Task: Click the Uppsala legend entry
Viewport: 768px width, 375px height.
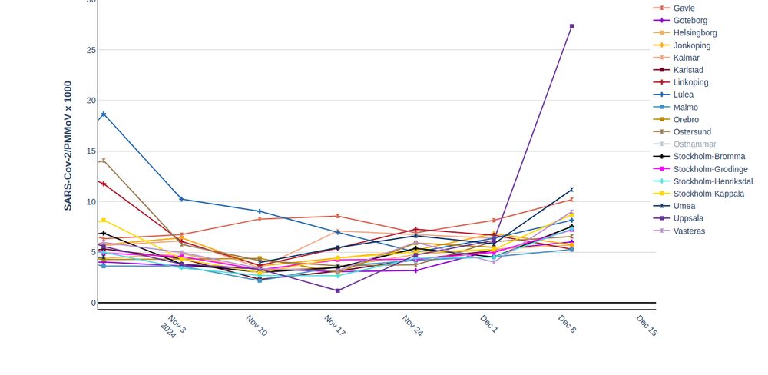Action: [688, 218]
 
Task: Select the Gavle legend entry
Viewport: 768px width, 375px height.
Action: [684, 8]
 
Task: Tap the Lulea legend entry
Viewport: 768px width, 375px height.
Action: [683, 95]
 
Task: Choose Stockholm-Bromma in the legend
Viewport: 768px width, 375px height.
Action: [708, 157]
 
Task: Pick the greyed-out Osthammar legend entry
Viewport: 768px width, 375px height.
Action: [694, 144]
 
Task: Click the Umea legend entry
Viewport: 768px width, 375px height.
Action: [684, 206]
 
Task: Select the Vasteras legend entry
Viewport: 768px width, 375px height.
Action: [689, 231]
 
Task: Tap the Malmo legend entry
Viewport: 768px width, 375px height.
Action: [685, 108]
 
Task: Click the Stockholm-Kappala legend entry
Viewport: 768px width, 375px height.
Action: [708, 194]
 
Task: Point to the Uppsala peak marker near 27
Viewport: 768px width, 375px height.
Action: [571, 26]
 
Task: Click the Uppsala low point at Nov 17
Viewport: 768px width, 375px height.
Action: [338, 290]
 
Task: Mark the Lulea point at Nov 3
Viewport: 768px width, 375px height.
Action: [181, 199]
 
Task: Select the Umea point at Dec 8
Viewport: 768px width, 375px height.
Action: [571, 190]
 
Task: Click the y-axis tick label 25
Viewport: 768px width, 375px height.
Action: [91, 50]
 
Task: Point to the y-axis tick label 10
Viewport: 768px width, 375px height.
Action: [91, 202]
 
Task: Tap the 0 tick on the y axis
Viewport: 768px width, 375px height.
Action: [94, 303]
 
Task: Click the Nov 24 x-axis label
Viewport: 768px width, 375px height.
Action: [412, 325]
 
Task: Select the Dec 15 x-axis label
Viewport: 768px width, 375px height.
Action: [647, 325]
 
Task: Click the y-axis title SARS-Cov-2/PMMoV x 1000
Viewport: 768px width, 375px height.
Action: [68, 146]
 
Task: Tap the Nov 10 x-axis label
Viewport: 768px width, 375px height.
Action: [256, 325]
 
